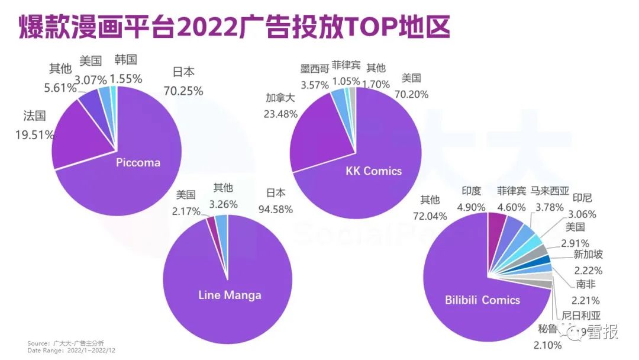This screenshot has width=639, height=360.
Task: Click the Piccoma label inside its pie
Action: (138, 162)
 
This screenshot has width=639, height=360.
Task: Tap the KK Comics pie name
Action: (373, 171)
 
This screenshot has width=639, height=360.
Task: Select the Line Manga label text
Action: (230, 295)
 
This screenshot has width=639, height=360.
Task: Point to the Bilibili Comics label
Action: (482, 300)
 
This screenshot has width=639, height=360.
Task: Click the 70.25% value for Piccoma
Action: (183, 91)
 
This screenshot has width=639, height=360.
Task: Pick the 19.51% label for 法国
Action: (35, 134)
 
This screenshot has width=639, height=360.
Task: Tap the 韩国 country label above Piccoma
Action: (125, 59)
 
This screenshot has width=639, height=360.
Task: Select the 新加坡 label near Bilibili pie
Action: (588, 255)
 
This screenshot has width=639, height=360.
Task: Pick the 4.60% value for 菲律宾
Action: (511, 207)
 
